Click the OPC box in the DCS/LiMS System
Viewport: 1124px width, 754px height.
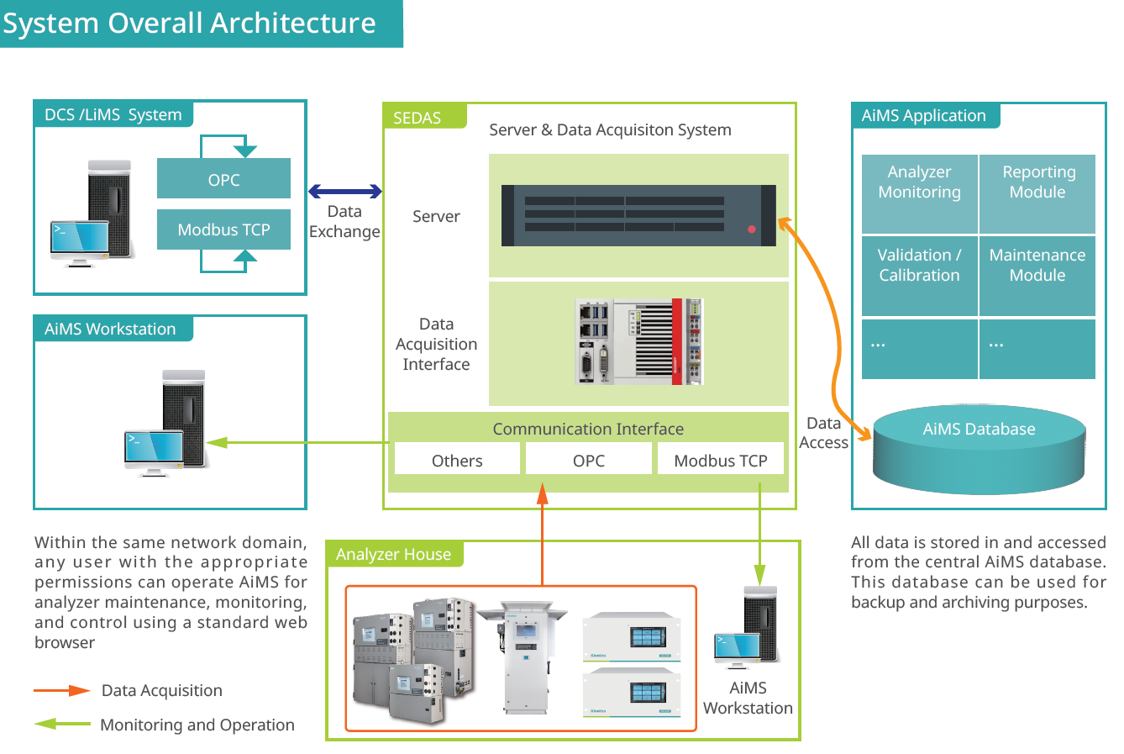223,179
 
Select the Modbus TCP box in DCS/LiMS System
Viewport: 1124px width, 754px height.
223,229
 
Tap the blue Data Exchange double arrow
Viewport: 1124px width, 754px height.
345,192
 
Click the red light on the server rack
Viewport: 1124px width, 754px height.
752,229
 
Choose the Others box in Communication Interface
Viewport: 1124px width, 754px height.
457,460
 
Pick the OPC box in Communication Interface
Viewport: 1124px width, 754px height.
589,460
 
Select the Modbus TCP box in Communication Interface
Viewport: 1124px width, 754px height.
721,460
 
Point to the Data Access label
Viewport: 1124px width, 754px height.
823,433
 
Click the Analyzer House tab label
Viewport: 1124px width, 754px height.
393,554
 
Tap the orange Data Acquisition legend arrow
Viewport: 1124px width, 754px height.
62,690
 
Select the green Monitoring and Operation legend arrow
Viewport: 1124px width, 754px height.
62,724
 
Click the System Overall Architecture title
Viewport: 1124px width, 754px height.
190,23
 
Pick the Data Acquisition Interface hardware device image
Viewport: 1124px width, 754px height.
638,341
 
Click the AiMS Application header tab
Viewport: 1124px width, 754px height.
924,115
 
